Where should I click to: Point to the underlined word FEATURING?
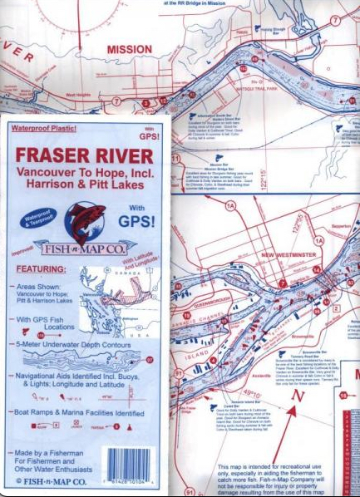click(x=40, y=269)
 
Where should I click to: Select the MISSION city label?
click(x=130, y=49)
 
